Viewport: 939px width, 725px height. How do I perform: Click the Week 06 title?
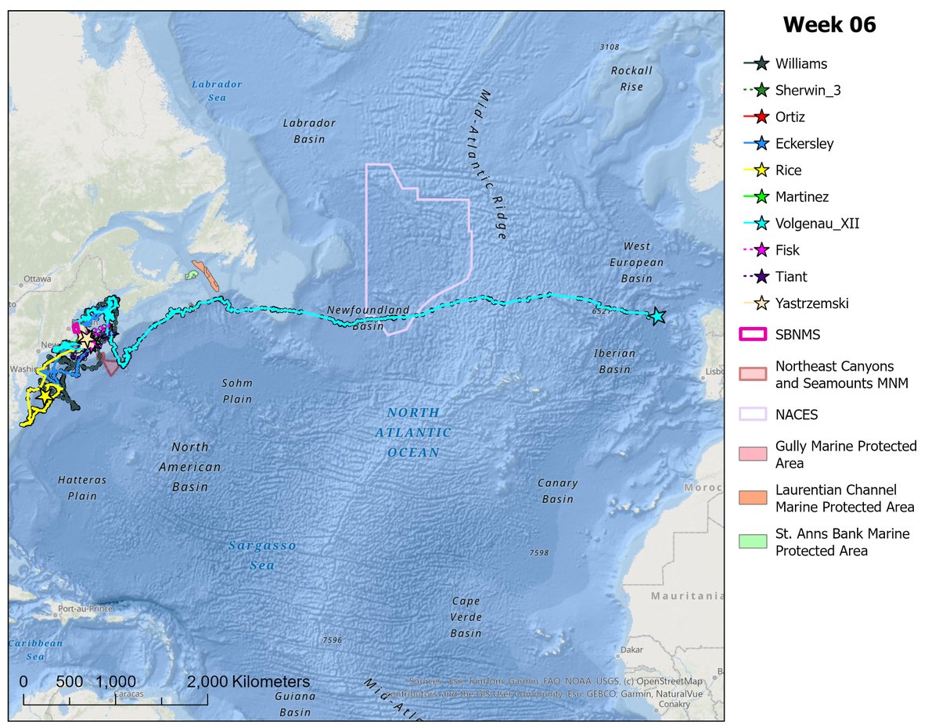829,25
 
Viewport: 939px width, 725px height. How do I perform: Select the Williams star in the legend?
759,64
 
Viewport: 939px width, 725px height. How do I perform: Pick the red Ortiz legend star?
759,117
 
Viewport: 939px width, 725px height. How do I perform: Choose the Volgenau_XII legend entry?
812,224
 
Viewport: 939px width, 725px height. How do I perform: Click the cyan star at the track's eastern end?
657,316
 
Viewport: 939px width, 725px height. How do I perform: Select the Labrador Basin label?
309,131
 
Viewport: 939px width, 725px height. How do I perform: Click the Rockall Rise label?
631,78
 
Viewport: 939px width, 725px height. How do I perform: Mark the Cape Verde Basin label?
466,616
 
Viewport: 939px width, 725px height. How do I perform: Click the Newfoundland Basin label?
368,318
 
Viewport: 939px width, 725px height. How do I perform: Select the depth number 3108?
609,48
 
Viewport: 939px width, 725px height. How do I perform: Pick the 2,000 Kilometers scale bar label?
248,681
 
